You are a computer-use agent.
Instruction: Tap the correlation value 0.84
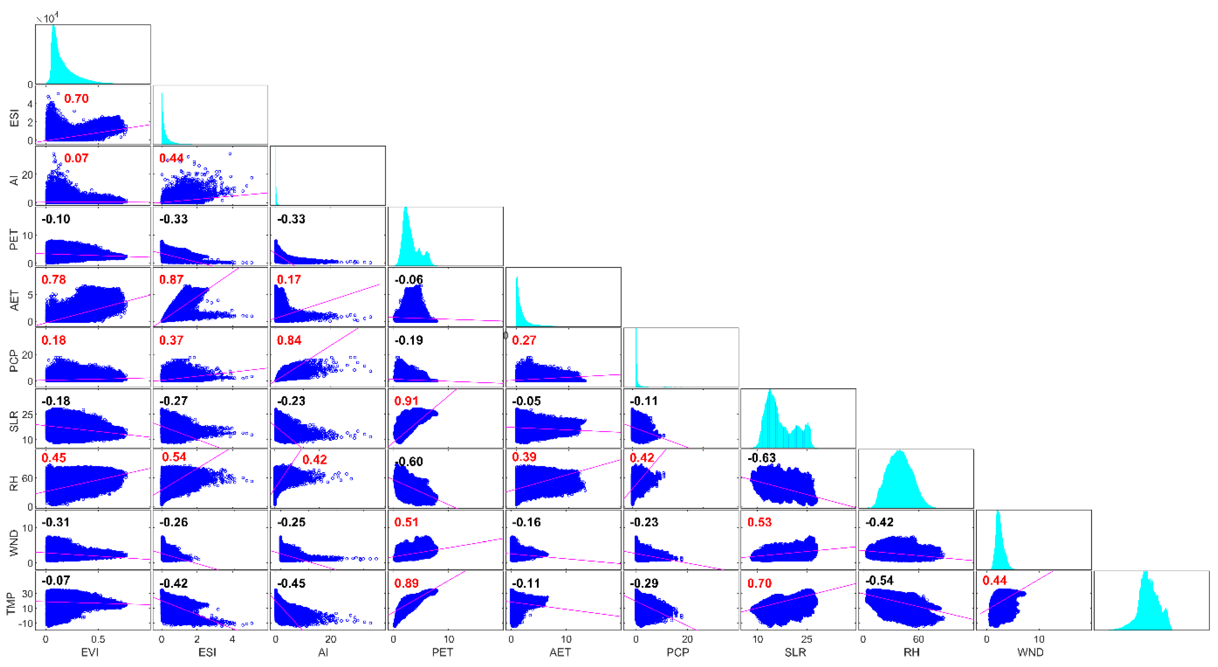tap(289, 340)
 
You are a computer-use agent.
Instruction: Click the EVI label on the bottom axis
tap(90, 652)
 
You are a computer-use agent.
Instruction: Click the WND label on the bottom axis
tap(1030, 652)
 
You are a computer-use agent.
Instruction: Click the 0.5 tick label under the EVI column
tap(98, 639)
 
